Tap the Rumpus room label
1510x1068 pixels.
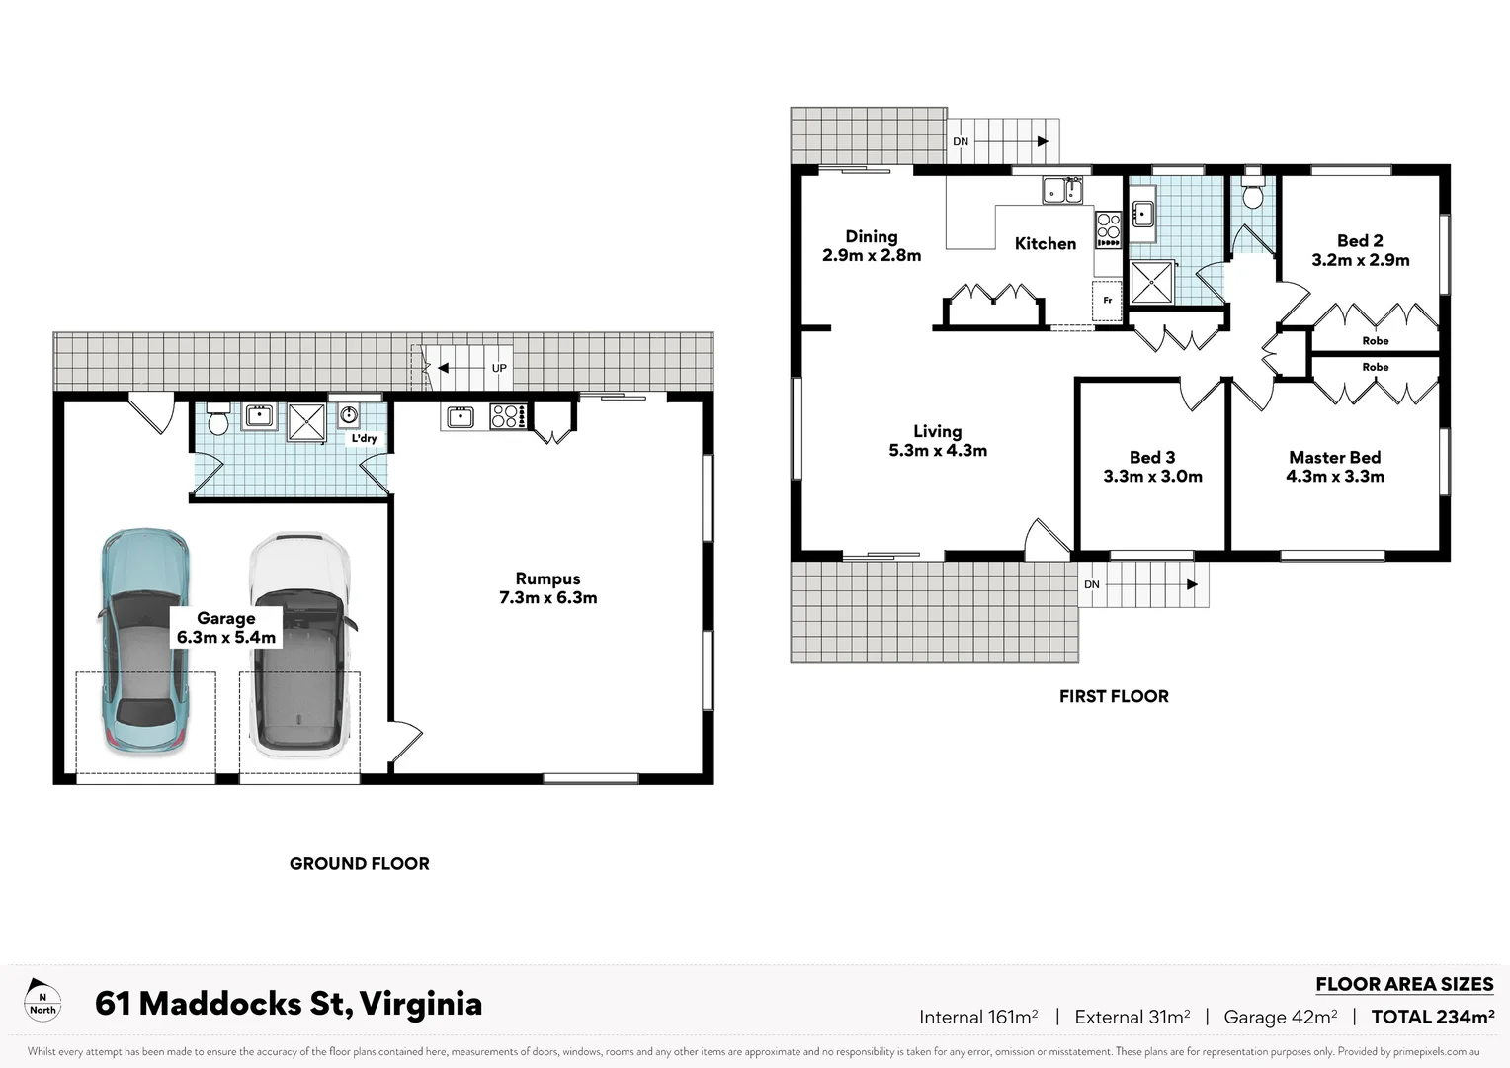547,579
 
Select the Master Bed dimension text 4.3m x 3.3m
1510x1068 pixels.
1334,477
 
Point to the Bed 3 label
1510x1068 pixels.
1152,458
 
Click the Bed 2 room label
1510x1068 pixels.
1360,241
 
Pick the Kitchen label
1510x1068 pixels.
1045,243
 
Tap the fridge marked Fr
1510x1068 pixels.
1107,300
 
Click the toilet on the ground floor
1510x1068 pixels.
218,418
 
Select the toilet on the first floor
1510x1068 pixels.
1252,195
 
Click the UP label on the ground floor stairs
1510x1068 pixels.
499,368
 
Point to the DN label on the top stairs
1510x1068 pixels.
961,142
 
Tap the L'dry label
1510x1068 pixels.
364,438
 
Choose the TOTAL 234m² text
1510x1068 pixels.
1432,1017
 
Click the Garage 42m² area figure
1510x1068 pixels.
1280,1017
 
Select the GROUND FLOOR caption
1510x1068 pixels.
359,863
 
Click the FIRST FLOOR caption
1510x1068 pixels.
1114,696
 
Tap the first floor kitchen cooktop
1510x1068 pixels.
1108,229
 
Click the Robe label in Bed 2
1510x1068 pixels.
1375,341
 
